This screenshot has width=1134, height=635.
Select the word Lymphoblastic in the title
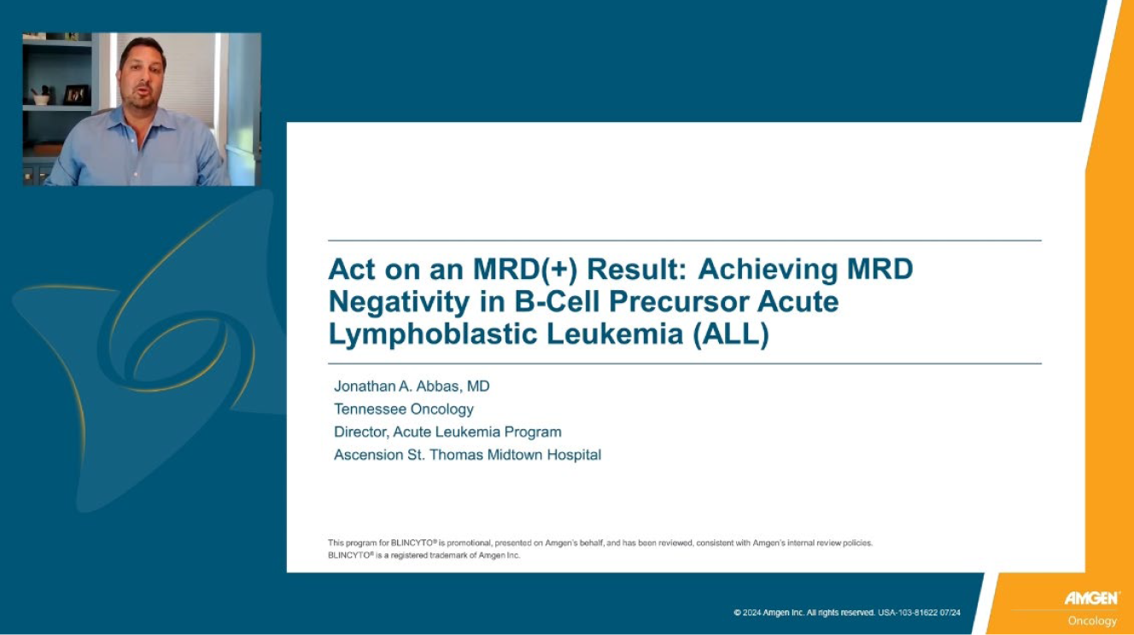pyautogui.click(x=433, y=335)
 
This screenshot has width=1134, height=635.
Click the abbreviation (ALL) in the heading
pyautogui.click(x=731, y=335)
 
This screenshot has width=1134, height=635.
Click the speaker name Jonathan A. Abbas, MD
pyautogui.click(x=412, y=387)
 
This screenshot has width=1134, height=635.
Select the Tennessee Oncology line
pyautogui.click(x=404, y=409)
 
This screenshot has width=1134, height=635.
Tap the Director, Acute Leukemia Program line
pyautogui.click(x=447, y=432)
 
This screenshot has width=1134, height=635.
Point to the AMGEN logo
pyautogui.click(x=1092, y=598)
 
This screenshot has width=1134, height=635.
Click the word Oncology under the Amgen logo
pyautogui.click(x=1092, y=620)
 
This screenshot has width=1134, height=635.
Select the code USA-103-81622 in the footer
pyautogui.click(x=908, y=613)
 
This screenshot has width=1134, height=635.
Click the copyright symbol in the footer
pyautogui.click(x=737, y=613)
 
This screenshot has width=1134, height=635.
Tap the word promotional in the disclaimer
pyautogui.click(x=469, y=544)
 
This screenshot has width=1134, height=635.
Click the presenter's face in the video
pyautogui.click(x=143, y=77)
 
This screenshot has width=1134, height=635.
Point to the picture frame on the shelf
pyautogui.click(x=76, y=95)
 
